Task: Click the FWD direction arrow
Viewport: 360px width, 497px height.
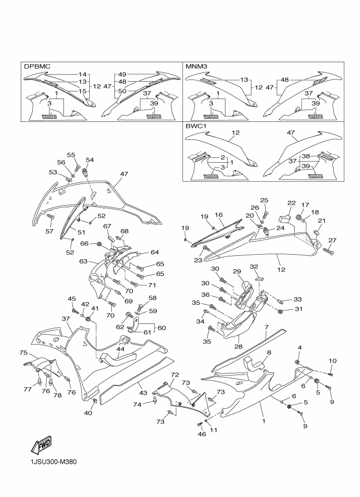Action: (x=41, y=445)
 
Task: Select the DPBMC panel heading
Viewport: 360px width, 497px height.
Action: (x=37, y=66)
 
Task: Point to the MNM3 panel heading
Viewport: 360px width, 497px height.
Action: (x=196, y=66)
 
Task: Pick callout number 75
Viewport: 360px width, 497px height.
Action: (x=23, y=353)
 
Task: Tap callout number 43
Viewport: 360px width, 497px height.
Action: (x=143, y=392)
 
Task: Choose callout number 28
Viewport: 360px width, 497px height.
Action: (x=238, y=347)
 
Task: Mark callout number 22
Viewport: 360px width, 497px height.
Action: (x=291, y=203)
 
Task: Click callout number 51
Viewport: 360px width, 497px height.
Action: (x=82, y=232)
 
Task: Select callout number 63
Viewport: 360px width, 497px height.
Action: (x=83, y=261)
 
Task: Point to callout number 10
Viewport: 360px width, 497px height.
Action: (x=332, y=361)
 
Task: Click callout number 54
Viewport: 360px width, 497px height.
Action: (x=90, y=159)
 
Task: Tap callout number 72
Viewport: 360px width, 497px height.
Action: (x=175, y=375)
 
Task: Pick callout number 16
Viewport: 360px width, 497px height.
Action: (x=218, y=215)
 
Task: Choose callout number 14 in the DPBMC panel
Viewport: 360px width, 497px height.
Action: (x=82, y=75)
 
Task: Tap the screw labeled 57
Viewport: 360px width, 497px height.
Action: (x=50, y=217)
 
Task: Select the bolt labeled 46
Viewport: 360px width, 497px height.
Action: (x=199, y=424)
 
